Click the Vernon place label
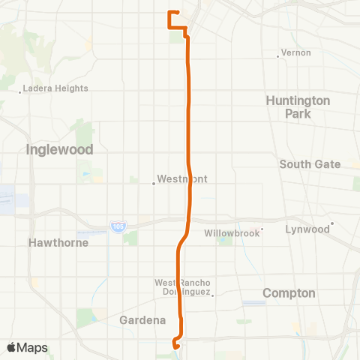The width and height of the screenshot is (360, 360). tap(292, 53)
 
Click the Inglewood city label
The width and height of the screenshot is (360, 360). tap(59, 149)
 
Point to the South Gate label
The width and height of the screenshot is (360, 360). tap(310, 164)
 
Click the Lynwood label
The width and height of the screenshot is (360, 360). tap(307, 229)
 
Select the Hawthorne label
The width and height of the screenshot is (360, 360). tap(58, 243)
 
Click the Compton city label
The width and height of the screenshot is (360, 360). tap(289, 293)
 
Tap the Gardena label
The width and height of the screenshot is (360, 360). tap(142, 320)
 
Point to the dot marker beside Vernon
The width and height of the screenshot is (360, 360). tap(278, 54)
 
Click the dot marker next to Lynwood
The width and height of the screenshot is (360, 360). tap(331, 223)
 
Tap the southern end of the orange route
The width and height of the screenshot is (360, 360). tap(175, 346)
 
